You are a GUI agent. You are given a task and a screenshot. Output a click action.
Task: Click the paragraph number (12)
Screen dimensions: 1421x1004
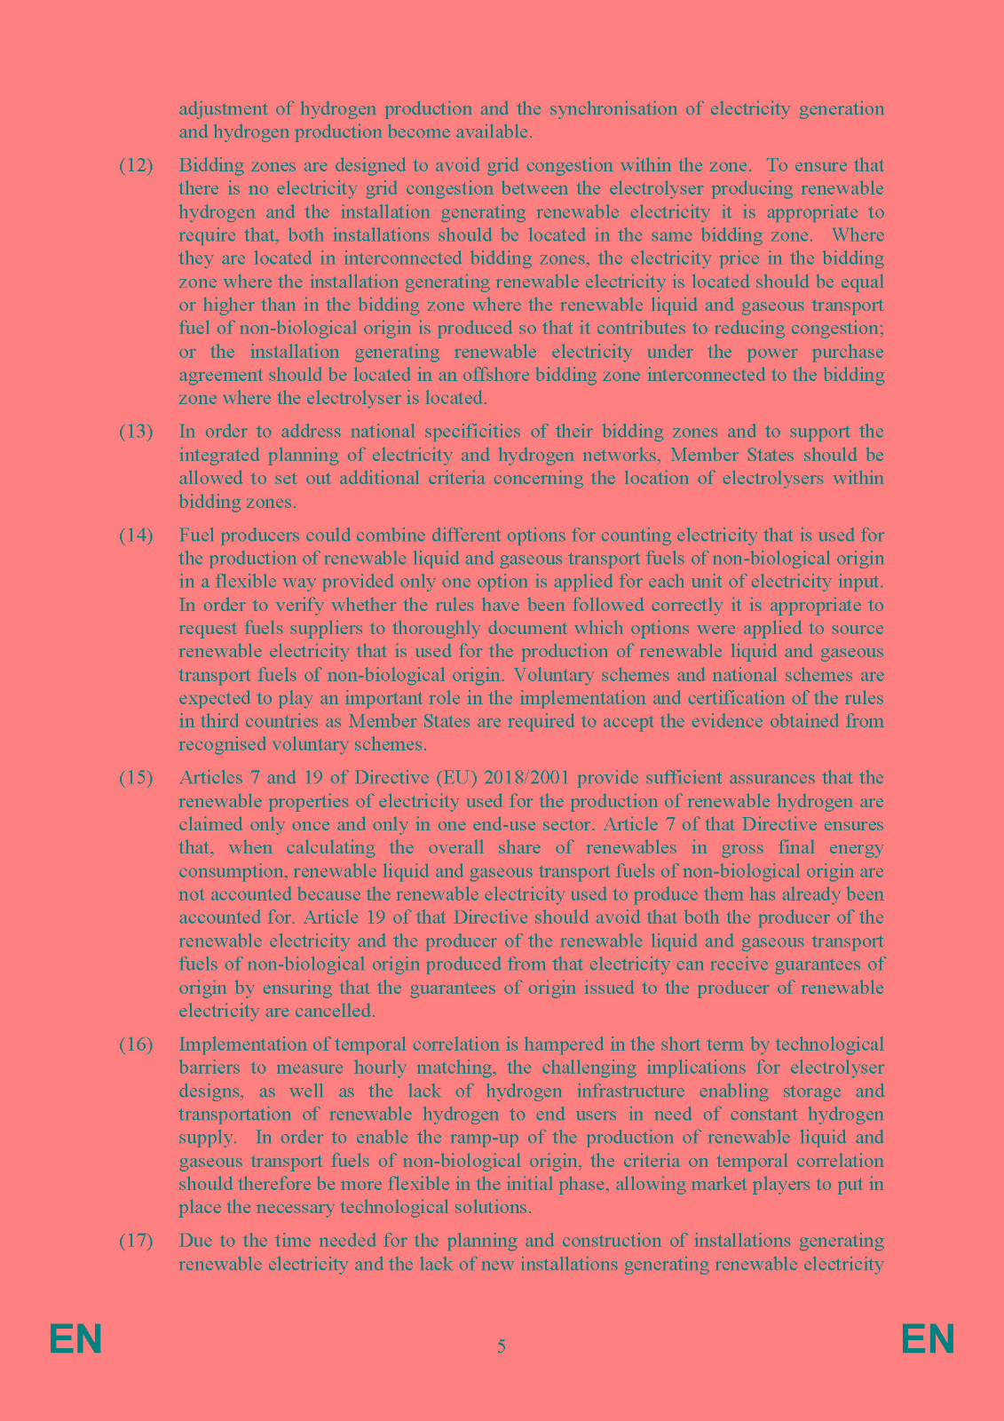tap(136, 166)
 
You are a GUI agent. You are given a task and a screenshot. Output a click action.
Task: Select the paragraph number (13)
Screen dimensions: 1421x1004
tap(136, 433)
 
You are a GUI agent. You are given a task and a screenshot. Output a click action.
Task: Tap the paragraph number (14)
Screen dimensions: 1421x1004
tap(136, 536)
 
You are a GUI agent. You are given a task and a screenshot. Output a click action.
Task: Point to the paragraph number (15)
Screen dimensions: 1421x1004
tap(136, 778)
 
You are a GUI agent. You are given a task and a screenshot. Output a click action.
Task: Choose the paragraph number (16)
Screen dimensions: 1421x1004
tap(136, 1044)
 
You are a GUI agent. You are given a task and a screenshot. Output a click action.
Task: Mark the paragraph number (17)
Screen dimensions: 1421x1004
tap(136, 1241)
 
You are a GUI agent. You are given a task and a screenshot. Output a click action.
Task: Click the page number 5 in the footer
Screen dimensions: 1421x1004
tap(502, 1346)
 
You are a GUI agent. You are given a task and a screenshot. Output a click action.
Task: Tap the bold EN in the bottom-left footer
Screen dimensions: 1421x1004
tap(75, 1339)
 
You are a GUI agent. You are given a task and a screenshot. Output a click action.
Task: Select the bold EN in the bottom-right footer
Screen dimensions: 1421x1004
tap(928, 1339)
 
